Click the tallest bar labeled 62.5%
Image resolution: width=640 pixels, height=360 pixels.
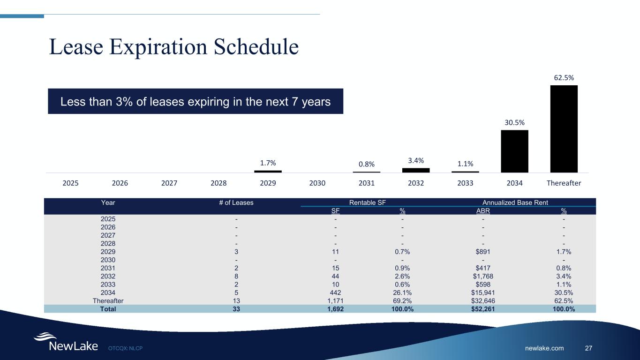pos(564,129)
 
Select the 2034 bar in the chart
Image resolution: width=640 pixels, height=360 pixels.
pos(514,151)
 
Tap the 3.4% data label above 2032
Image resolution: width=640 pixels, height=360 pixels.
pos(416,161)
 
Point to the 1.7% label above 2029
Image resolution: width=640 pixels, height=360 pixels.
pos(268,163)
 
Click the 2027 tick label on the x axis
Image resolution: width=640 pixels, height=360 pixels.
pos(169,183)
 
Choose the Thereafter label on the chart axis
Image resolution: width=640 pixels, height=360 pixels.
pos(564,183)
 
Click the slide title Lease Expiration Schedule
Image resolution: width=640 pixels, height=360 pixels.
pos(174,47)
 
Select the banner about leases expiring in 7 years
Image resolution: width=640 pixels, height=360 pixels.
pos(196,101)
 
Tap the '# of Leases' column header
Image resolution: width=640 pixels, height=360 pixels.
pos(236,202)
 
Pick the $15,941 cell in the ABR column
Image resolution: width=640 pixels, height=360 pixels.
pos(483,292)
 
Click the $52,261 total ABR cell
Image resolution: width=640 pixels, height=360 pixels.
pos(483,309)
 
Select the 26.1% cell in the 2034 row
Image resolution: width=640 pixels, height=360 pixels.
pos(402,292)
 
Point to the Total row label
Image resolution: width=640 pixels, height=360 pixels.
pos(108,309)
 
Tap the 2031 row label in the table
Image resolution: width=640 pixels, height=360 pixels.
pos(108,268)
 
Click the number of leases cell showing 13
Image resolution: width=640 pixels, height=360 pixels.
pos(236,300)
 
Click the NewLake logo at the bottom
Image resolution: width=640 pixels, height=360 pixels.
pos(66,343)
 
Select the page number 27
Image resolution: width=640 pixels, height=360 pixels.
pos(589,348)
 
